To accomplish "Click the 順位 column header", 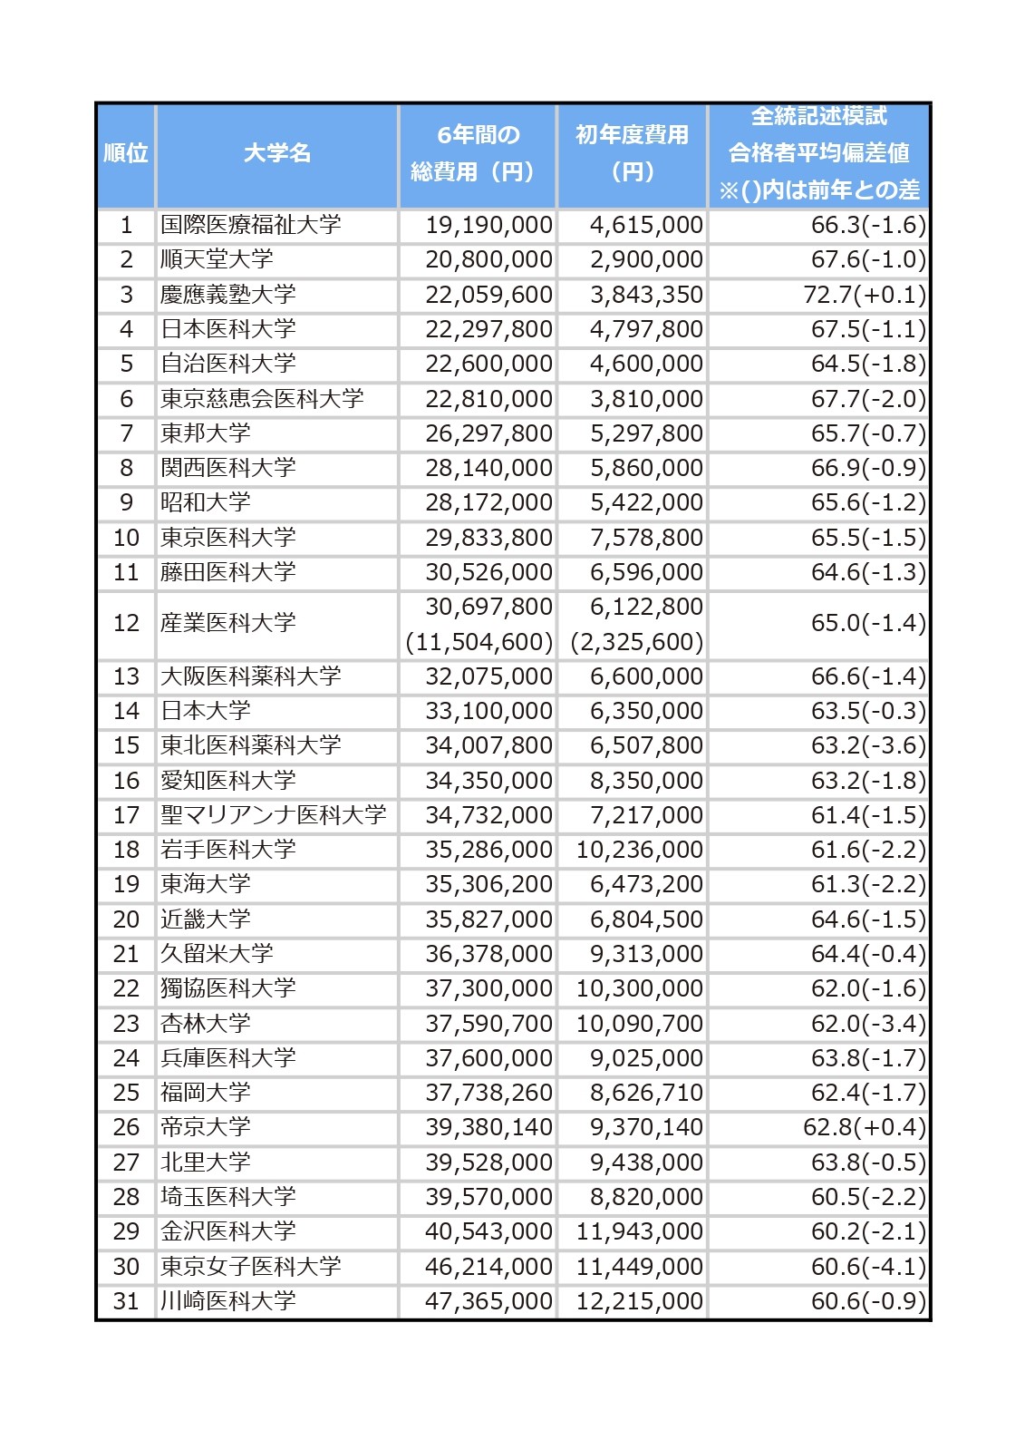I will point(125,153).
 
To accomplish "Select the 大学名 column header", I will point(276,153).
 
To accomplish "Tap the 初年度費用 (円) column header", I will point(632,153).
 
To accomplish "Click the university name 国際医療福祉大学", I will point(250,225).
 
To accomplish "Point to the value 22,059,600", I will point(488,295).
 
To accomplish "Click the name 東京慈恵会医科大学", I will point(262,399).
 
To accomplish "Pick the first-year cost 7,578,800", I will point(646,538).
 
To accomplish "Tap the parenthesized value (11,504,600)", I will point(479,642).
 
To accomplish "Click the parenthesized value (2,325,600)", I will point(637,642).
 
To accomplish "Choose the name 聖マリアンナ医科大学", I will point(274,815).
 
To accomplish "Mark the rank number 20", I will point(126,919).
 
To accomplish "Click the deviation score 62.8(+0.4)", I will point(865,1127).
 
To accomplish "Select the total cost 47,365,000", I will point(488,1301).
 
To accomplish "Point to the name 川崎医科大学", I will point(228,1301).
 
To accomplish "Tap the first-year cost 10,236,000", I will point(640,850).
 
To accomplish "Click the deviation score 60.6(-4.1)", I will point(868,1267).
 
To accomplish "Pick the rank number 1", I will point(126,225).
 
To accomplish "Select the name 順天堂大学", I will point(217,259).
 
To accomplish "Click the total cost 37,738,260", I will point(488,1093).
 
